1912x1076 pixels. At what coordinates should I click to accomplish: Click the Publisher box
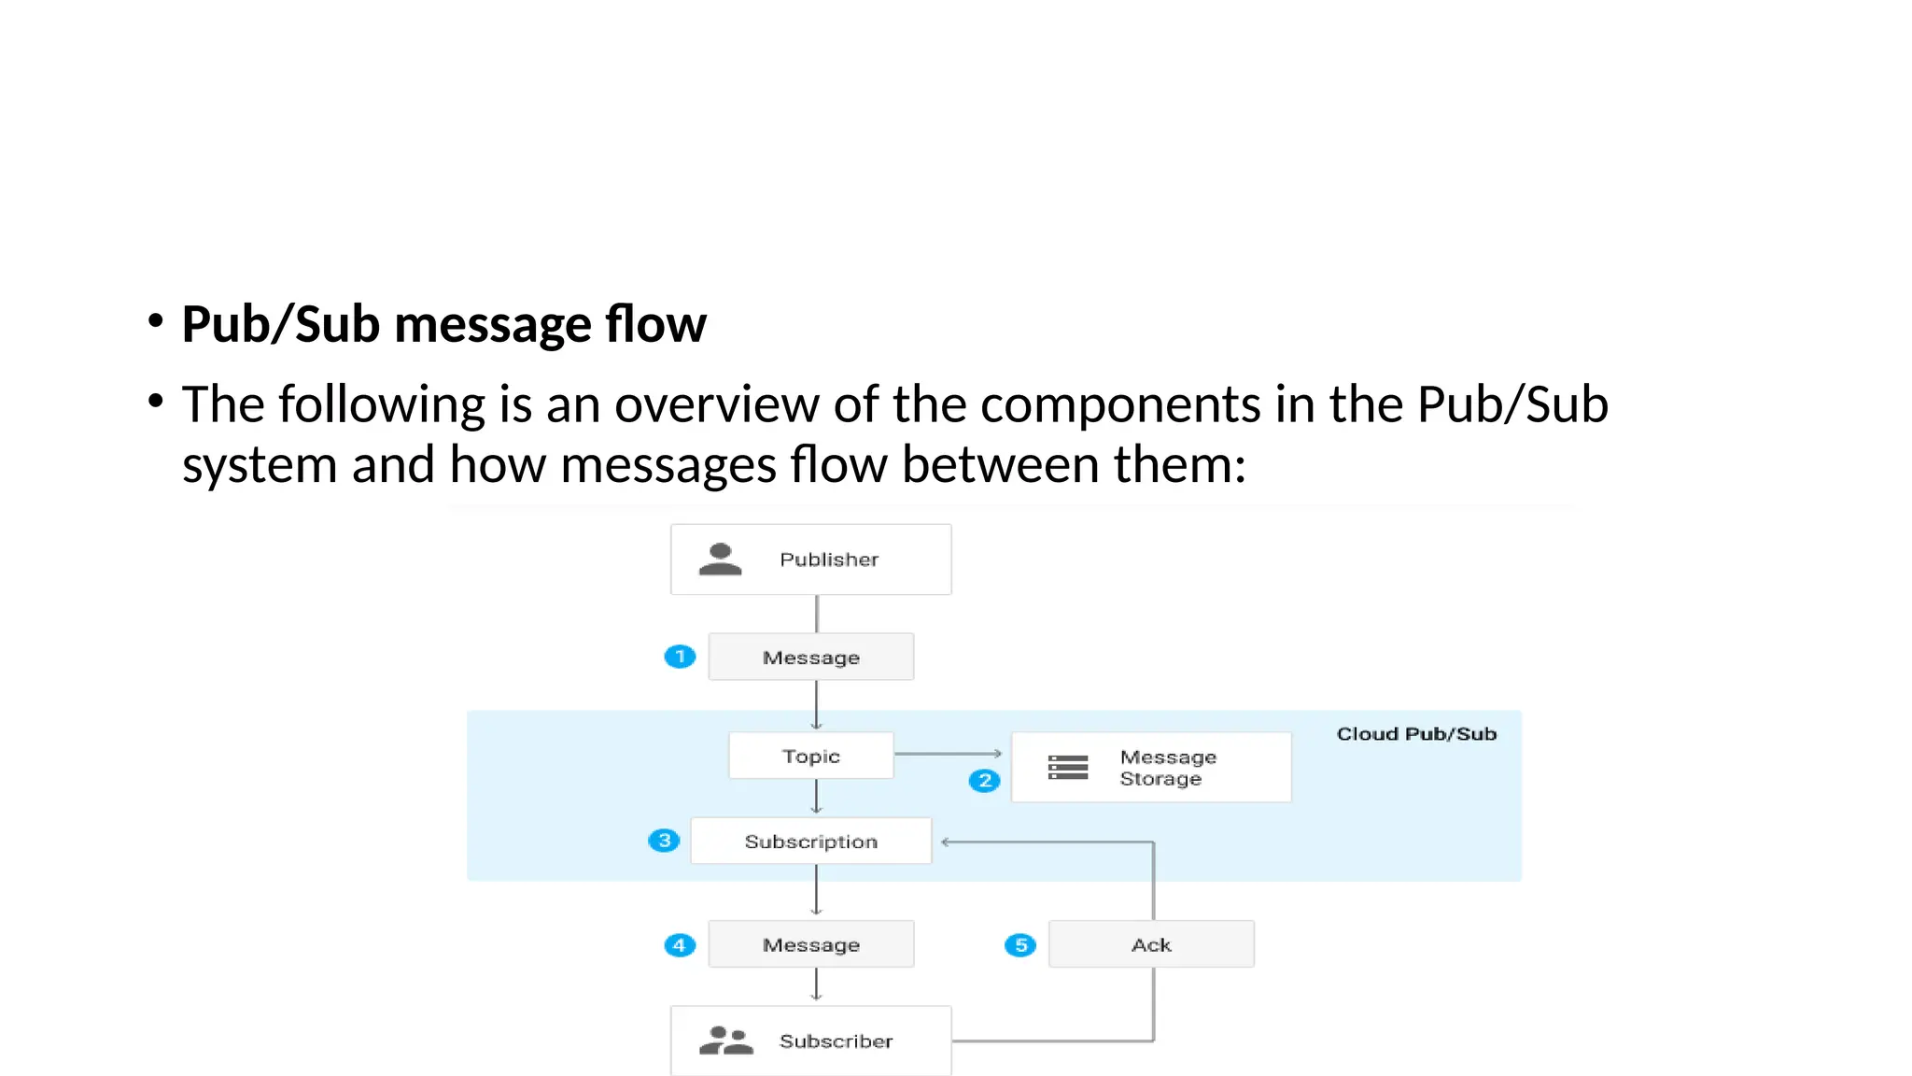click(810, 559)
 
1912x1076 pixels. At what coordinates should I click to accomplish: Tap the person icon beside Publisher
click(720, 559)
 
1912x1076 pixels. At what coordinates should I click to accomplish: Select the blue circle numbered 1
click(680, 657)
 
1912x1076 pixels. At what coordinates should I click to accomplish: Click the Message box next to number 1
click(810, 658)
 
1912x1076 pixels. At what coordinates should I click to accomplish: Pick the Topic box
click(810, 756)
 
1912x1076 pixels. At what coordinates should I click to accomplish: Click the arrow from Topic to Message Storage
click(948, 753)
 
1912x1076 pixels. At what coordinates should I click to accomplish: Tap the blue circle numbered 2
click(984, 780)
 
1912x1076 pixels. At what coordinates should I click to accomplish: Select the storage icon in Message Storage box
click(1068, 767)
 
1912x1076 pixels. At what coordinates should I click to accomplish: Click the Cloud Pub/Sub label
click(1415, 734)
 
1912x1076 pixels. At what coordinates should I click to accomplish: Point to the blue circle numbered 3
click(664, 841)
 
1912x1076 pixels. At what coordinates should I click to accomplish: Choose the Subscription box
click(810, 842)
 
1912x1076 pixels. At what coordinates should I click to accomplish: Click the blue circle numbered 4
click(680, 945)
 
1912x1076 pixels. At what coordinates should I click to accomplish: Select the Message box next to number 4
click(810, 945)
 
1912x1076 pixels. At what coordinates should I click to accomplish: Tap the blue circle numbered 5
click(1019, 945)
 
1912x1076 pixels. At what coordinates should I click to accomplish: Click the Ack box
click(1150, 945)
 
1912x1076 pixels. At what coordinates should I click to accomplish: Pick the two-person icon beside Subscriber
click(725, 1041)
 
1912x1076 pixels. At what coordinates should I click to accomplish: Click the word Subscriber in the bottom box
click(836, 1041)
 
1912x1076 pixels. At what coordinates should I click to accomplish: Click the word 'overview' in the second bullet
click(716, 405)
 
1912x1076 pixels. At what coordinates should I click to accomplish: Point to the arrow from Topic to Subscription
click(816, 797)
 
